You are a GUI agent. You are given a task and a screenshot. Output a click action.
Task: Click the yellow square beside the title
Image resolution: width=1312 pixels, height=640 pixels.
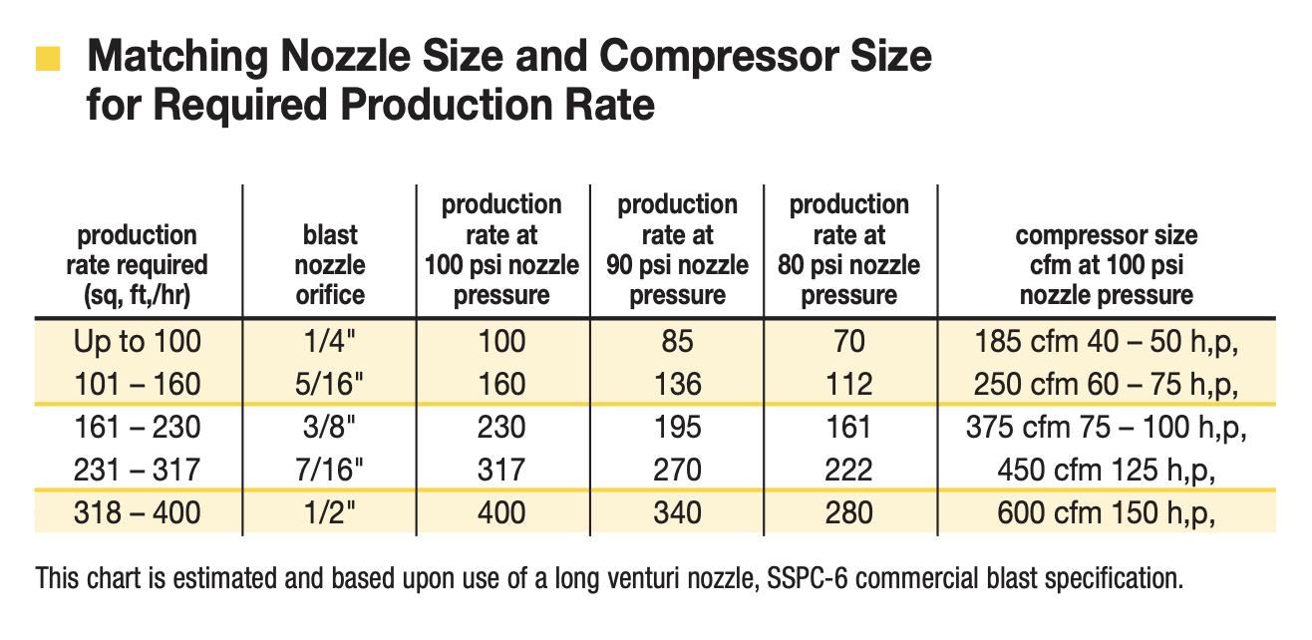point(48,59)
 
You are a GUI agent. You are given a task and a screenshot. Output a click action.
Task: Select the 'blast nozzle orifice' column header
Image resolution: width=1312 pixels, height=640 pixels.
point(329,265)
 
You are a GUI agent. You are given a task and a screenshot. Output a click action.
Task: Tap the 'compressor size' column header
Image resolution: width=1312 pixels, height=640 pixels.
point(1106,265)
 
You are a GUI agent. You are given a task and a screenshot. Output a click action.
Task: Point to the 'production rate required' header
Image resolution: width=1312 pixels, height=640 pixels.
point(137,265)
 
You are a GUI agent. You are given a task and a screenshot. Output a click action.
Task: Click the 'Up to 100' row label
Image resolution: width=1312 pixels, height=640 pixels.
point(137,342)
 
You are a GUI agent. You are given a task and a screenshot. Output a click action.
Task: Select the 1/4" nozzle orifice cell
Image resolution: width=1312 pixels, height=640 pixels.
point(329,342)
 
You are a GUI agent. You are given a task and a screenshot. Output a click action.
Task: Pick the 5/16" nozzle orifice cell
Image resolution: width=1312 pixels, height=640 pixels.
point(329,384)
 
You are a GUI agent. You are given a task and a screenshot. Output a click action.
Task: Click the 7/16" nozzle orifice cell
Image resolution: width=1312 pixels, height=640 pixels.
point(329,470)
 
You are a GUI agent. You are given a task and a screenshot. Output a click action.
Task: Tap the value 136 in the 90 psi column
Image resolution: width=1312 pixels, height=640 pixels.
point(677,384)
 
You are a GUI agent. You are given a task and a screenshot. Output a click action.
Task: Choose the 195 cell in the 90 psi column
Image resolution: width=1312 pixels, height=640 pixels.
point(677,428)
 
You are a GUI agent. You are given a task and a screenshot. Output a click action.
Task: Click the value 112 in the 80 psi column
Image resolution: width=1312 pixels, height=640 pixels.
point(849,384)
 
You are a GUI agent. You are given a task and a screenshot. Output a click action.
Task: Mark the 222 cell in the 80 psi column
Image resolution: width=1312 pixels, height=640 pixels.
point(849,470)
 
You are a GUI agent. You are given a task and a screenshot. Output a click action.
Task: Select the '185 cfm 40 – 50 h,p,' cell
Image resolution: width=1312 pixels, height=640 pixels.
point(1106,342)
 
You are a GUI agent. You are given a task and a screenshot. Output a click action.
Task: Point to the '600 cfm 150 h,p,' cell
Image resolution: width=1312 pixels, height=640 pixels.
point(1106,513)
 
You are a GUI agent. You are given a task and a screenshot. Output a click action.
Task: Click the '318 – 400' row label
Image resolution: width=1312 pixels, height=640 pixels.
point(137,513)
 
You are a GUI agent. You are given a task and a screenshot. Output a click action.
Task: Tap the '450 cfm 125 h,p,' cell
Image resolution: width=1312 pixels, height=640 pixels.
point(1106,470)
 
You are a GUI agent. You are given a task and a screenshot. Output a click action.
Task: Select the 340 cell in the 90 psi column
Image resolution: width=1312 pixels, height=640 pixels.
point(677,513)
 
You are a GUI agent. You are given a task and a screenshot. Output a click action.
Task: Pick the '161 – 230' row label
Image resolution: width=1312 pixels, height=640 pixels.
point(137,428)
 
